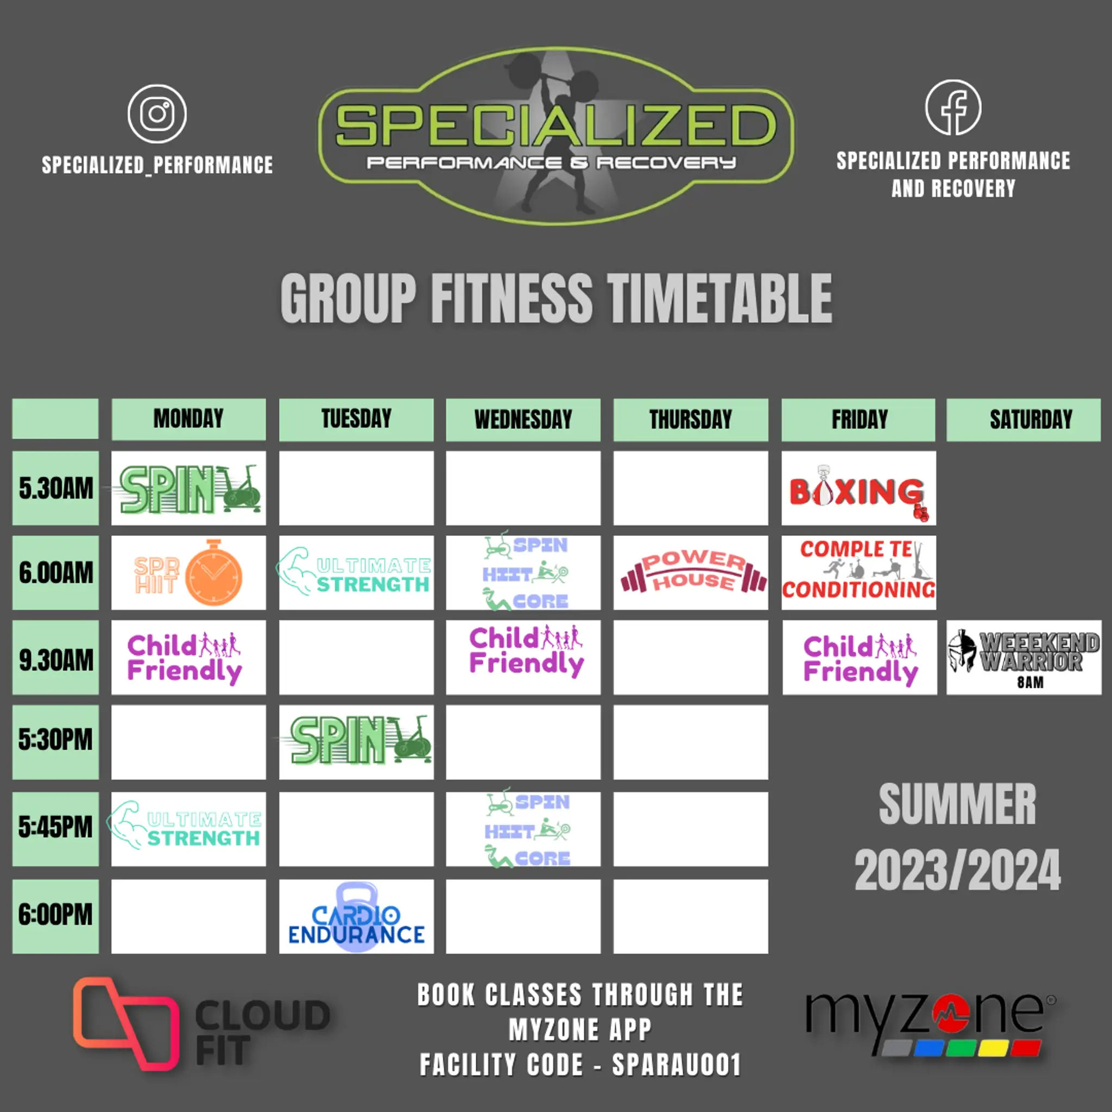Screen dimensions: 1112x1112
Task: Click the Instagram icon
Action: [157, 114]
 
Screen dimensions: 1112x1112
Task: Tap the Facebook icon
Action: [952, 108]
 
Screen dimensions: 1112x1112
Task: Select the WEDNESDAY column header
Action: [523, 420]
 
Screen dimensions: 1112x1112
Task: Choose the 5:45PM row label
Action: [55, 828]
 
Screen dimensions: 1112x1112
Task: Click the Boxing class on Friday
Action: [858, 489]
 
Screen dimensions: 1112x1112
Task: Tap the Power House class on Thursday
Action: [691, 573]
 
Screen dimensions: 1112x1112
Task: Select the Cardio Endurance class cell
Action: [356, 917]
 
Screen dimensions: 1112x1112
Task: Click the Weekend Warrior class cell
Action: [1023, 658]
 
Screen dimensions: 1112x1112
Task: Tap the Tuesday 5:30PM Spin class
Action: [356, 741]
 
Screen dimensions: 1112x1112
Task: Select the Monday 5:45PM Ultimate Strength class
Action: [188, 828]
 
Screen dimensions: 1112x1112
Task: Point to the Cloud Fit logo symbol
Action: [125, 1023]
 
